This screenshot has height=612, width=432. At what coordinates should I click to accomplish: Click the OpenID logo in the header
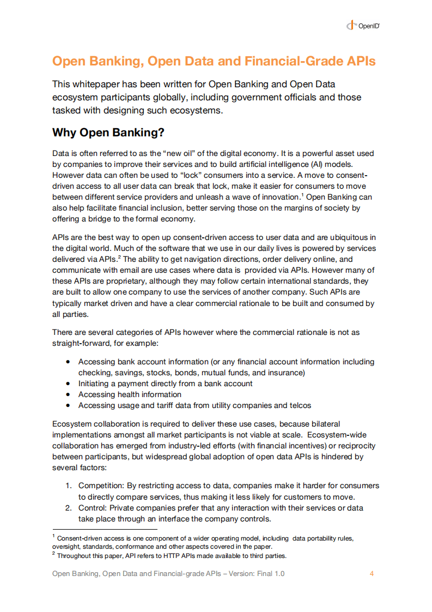point(362,25)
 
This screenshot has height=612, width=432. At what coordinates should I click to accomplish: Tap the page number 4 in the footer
point(372,574)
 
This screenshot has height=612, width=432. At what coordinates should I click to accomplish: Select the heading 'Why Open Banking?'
point(108,133)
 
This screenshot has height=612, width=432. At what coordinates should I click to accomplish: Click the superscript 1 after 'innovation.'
point(302,194)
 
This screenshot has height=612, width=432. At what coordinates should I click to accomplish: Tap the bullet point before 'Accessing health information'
point(68,394)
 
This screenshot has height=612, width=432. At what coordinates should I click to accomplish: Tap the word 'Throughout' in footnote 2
point(74,556)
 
